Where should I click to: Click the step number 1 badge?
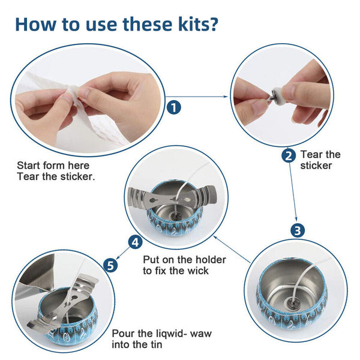click(174, 107)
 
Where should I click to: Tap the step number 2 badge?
click(289, 156)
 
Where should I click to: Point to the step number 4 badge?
click(135, 242)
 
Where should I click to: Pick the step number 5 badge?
click(110, 265)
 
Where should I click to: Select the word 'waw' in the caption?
click(200, 334)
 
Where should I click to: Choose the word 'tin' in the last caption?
click(155, 344)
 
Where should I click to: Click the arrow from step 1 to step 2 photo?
click(197, 97)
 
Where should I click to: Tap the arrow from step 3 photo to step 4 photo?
click(232, 249)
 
